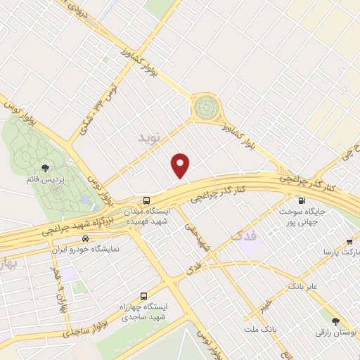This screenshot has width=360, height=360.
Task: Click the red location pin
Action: point(181,165)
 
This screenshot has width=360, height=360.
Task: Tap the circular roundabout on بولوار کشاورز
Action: point(206,108)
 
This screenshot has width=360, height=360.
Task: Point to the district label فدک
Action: point(245,233)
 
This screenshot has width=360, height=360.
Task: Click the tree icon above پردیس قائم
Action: point(46,167)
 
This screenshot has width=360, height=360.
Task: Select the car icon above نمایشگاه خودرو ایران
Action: point(84,238)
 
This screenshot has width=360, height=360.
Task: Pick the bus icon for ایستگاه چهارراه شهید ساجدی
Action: point(144,296)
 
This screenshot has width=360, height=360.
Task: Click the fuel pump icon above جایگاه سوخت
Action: point(301,199)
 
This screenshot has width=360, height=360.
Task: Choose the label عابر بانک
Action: point(303,286)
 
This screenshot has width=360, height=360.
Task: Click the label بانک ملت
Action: point(259,329)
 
